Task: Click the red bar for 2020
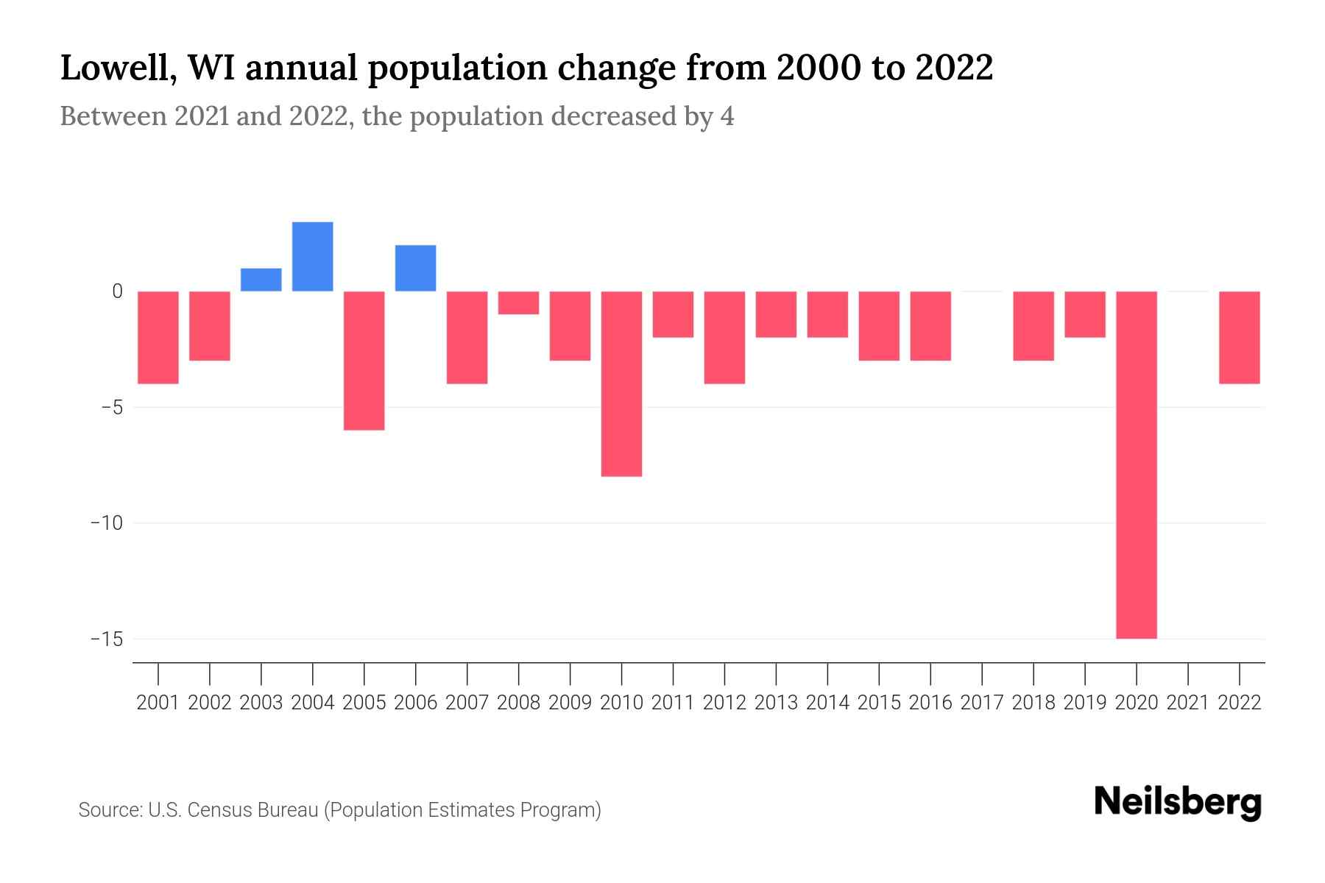click(1136, 464)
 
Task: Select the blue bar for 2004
click(312, 256)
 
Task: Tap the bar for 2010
click(621, 383)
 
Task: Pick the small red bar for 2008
click(518, 302)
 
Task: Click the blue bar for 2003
click(261, 280)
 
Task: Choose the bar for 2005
click(364, 361)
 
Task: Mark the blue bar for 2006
click(415, 268)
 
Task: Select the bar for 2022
click(1239, 337)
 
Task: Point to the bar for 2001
click(158, 337)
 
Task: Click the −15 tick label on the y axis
click(107, 639)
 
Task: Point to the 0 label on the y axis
click(117, 291)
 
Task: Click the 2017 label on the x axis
click(981, 703)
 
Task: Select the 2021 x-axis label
click(1187, 703)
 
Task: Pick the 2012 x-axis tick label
click(724, 703)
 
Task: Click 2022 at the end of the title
click(954, 68)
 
